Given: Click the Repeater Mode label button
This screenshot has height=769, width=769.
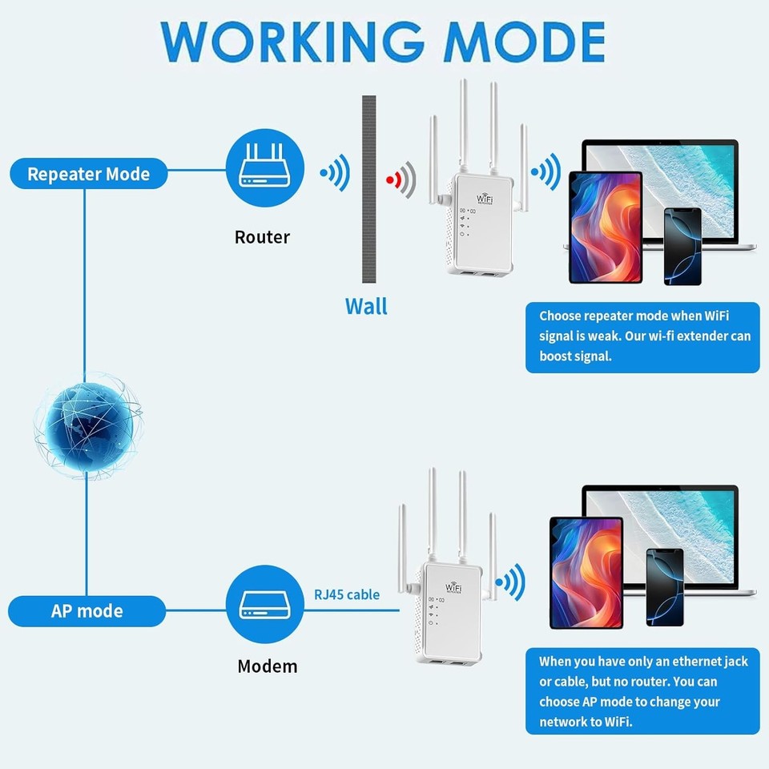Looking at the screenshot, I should [88, 174].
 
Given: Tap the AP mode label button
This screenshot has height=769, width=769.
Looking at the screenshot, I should [87, 611].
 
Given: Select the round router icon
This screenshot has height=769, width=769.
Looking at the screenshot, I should [266, 169].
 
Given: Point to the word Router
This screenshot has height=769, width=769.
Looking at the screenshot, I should [262, 237].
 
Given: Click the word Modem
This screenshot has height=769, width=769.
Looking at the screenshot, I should [267, 666].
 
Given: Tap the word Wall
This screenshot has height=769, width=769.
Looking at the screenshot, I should [366, 306].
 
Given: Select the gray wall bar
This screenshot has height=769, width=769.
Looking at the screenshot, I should [368, 188].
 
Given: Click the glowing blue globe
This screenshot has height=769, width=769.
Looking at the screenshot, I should [87, 425].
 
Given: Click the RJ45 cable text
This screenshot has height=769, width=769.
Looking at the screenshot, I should [347, 594].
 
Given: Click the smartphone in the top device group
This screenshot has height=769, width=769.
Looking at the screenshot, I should [682, 247].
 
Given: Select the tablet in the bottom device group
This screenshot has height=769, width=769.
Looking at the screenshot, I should [586, 572].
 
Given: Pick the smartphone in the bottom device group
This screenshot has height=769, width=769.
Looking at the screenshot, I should [664, 586].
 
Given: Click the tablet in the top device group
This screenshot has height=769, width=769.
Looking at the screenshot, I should [605, 227].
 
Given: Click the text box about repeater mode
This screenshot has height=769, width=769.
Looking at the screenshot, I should [642, 337].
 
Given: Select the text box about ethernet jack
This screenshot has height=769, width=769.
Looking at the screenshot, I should [642, 691].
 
